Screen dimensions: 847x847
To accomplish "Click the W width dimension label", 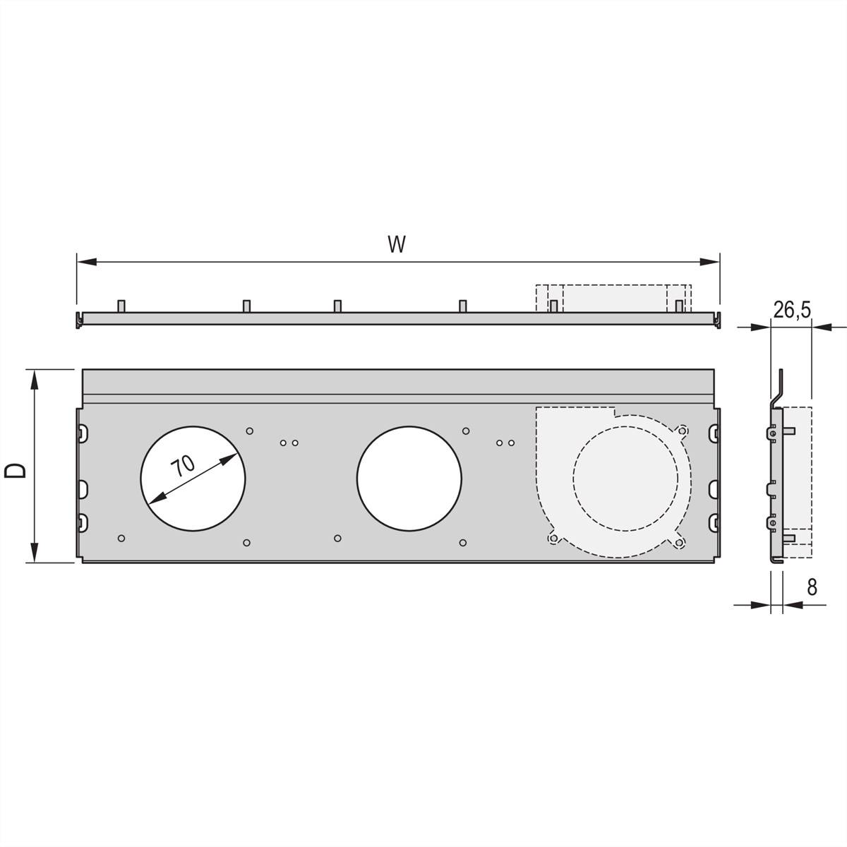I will point(397,244).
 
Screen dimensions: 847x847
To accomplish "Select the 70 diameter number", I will point(183,467).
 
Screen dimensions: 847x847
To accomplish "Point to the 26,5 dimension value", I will point(791,310).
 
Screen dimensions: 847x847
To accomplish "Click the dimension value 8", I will point(812,587).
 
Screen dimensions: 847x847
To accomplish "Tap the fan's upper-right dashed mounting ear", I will point(682,430).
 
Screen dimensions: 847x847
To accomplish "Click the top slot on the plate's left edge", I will point(83,431).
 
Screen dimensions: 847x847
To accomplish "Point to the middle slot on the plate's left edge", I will point(83,487).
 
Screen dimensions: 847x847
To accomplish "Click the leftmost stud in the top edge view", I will point(121,306).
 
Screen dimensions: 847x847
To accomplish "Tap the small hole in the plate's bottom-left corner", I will point(122,539).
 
